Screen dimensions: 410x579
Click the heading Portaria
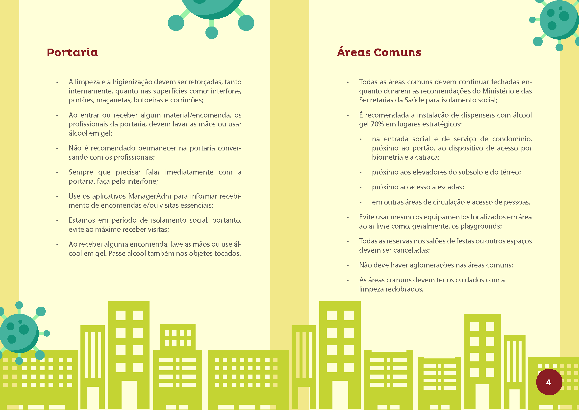point(72,52)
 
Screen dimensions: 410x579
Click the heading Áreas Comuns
point(379,52)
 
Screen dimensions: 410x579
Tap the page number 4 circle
point(549,382)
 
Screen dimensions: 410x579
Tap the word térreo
point(511,172)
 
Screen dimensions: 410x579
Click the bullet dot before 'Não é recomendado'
point(57,148)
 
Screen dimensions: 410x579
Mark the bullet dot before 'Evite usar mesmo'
point(348,217)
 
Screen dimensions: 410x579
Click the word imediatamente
point(189,172)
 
